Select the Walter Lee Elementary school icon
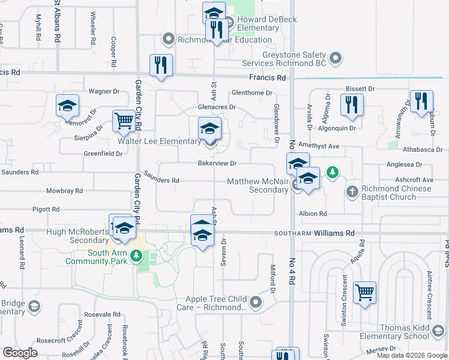pos(209,128)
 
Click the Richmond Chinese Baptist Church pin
pos(352,193)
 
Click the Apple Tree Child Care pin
pos(256,302)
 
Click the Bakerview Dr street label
pos(218,163)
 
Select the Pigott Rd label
pos(47,209)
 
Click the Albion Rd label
pos(313,214)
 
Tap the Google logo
pos(20,353)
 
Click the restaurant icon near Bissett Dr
pos(351,104)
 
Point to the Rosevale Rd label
pos(103,314)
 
